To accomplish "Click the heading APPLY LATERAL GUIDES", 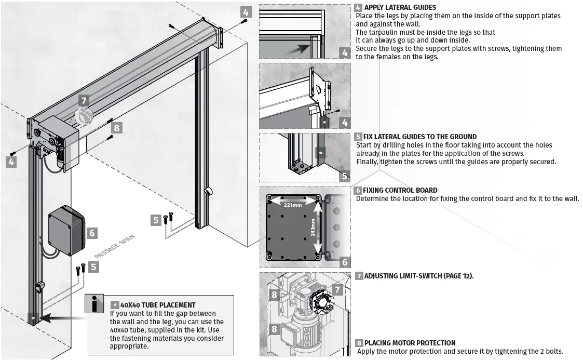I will [x=400, y=7].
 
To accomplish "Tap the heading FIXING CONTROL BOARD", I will [x=400, y=190].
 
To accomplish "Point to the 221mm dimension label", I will [x=293, y=205].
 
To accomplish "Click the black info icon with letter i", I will [x=95, y=305].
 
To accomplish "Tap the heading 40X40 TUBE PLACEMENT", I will [x=158, y=305].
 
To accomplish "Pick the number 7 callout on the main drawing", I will [x=84, y=101].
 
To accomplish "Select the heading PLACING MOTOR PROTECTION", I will [x=410, y=343].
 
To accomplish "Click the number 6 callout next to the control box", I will [x=92, y=233].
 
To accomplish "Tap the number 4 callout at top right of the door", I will [x=246, y=12].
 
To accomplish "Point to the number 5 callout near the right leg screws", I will [x=156, y=220].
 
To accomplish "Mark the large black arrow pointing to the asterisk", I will [x=62, y=316].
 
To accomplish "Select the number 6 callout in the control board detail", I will [x=345, y=262].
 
